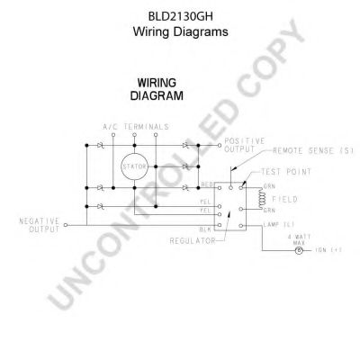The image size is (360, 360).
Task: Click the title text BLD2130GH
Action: pyautogui.click(x=181, y=14)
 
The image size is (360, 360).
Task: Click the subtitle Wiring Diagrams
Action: pyautogui.click(x=181, y=31)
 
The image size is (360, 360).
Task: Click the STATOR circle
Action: pyautogui.click(x=132, y=166)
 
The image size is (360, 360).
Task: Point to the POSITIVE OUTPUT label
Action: pyautogui.click(x=242, y=146)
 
